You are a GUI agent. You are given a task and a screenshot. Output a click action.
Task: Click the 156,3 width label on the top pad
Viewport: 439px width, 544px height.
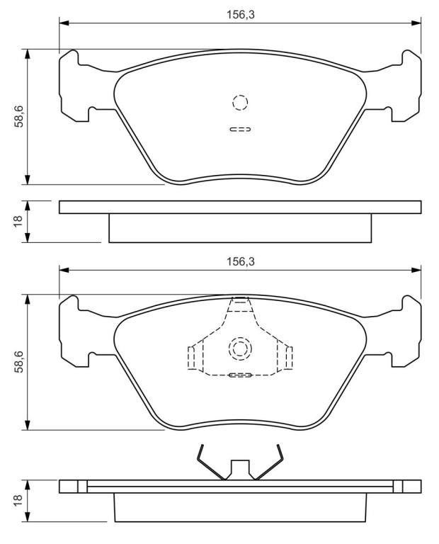click(240, 15)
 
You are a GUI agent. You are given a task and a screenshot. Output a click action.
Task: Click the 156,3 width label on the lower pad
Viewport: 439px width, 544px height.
click(240, 261)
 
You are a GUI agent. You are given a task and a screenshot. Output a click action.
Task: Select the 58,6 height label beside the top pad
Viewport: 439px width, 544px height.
click(18, 117)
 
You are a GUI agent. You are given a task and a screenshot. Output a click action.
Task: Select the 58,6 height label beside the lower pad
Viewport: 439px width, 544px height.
click(18, 362)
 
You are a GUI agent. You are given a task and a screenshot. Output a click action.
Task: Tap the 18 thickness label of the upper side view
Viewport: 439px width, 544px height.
click(18, 221)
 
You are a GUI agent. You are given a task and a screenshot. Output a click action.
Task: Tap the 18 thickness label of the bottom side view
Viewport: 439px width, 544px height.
click(18, 500)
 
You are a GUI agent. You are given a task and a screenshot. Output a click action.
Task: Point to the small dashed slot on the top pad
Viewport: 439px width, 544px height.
click(240, 130)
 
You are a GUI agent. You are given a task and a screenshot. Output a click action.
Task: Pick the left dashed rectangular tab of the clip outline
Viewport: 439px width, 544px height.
click(191, 358)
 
